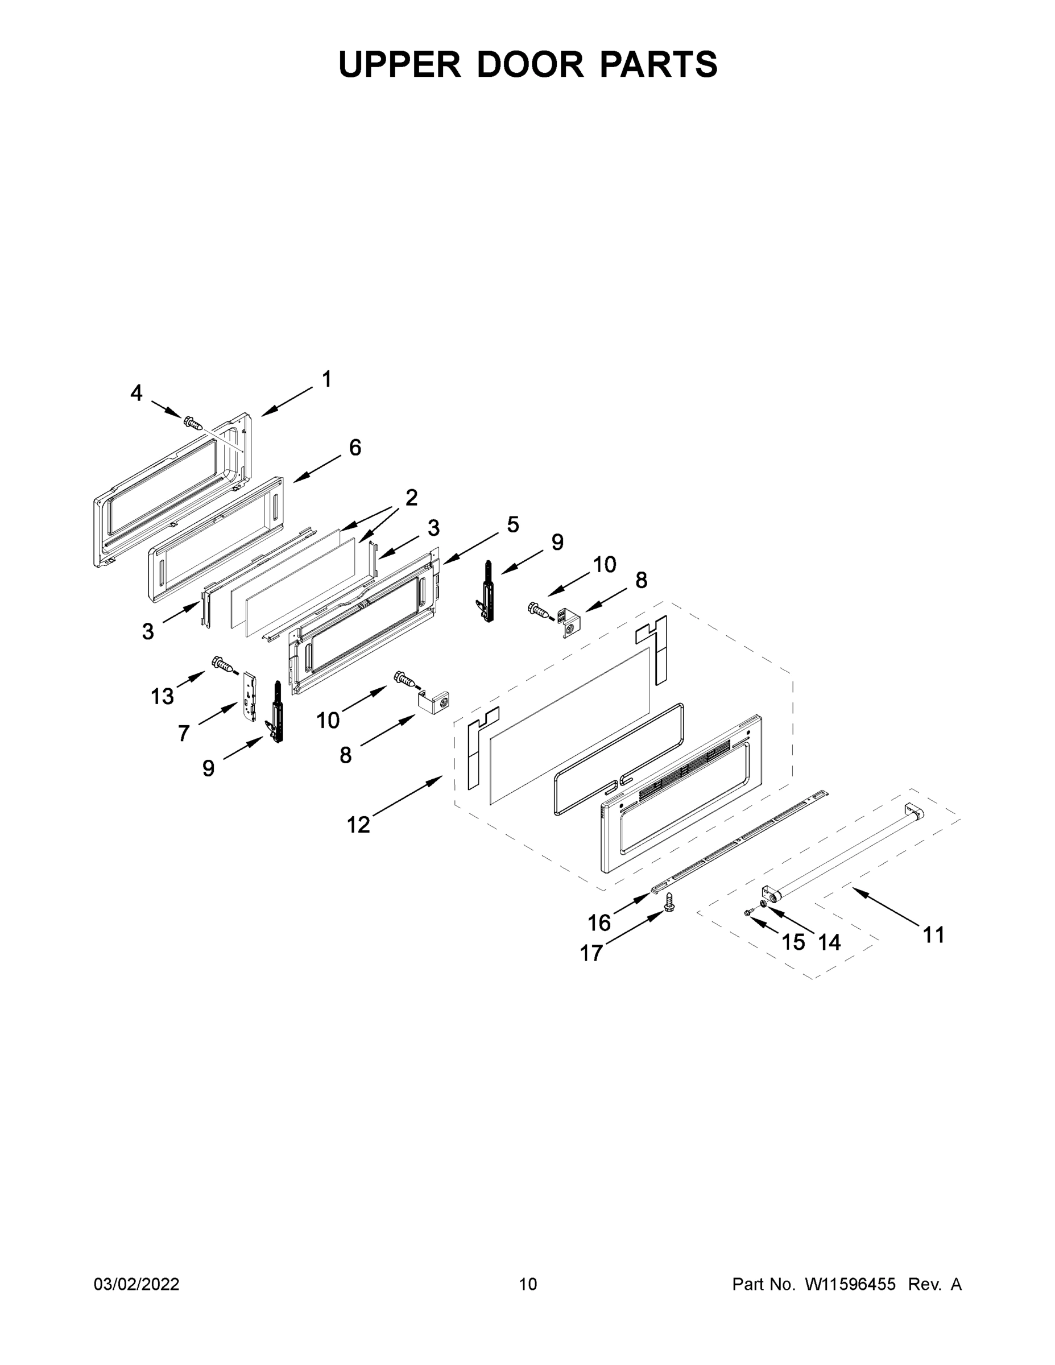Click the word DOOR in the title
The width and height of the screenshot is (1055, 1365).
[529, 64]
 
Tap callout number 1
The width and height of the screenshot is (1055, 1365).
[326, 379]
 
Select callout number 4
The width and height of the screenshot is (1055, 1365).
[136, 393]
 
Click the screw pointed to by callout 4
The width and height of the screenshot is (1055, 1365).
[193, 424]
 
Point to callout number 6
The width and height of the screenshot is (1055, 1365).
[355, 448]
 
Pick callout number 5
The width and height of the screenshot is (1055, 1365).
[512, 524]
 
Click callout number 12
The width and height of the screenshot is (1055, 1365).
[359, 826]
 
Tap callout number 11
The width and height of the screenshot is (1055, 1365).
[934, 936]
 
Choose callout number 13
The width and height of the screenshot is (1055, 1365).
[163, 696]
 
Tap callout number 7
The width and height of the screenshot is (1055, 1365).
[183, 733]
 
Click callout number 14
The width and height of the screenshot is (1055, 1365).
[829, 942]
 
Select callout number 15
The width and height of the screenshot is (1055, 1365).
[793, 942]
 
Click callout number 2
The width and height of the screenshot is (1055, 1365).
[411, 498]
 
